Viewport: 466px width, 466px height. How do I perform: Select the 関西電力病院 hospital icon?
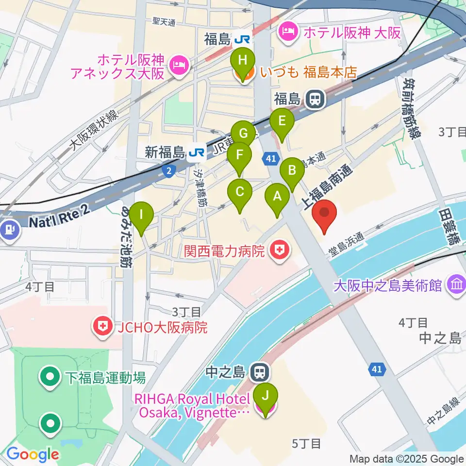tap(279, 251)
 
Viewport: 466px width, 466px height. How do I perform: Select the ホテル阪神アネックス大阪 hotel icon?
tap(178, 67)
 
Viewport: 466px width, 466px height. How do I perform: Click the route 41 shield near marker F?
tap(270, 157)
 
